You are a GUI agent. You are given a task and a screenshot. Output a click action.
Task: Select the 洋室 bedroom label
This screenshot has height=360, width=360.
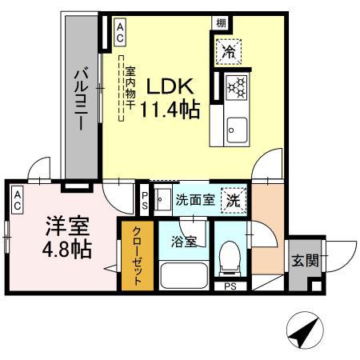pos(61,225)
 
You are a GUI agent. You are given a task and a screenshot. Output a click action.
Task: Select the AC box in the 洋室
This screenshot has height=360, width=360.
pos(17,200)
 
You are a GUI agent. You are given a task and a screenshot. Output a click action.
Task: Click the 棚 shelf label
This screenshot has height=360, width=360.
pos(219,24)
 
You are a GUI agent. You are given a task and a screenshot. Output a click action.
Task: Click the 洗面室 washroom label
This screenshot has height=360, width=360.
pos(194,199)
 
